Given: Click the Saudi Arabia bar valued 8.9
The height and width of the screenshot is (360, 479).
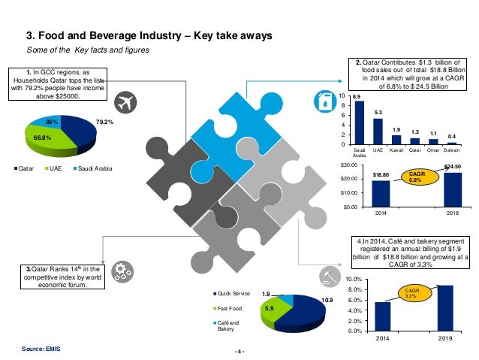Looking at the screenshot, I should [358, 123].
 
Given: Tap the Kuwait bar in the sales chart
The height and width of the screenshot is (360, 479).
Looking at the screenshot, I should [396, 140].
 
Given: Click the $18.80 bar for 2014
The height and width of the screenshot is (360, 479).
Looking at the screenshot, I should [381, 193].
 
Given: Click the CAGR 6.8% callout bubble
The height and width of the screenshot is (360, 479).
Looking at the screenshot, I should [417, 177].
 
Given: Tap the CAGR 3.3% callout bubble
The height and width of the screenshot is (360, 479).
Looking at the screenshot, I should [410, 293].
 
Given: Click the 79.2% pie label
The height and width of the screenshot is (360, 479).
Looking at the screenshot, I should [104, 120].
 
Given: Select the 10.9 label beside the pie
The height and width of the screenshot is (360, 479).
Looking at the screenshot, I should [327, 301].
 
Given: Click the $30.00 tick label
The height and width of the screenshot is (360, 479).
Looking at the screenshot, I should [346, 165].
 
